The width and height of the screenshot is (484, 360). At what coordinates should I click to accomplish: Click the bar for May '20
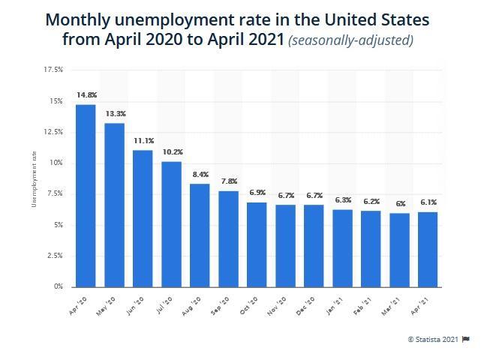click(114, 205)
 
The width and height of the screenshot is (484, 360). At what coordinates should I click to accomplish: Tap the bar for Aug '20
click(200, 235)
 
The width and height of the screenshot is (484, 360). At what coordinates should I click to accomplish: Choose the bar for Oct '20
click(257, 244)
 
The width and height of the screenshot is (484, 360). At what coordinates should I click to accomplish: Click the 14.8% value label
click(86, 95)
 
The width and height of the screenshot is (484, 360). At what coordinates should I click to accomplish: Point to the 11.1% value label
click(143, 141)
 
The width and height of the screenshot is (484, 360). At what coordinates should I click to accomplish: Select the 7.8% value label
click(229, 181)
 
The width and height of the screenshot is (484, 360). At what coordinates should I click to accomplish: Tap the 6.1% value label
click(428, 202)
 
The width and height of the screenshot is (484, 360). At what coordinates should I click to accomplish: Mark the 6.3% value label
click(343, 200)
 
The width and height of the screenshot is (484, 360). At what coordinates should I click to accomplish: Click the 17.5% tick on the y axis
click(53, 70)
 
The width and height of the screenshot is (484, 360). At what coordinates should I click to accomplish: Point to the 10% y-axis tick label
click(56, 163)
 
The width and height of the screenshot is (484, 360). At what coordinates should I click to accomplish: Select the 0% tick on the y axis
click(58, 286)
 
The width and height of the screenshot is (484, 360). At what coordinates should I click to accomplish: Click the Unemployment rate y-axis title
click(34, 178)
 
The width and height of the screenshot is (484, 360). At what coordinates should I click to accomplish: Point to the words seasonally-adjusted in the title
click(350, 40)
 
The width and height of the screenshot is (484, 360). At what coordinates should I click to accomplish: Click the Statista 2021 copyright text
click(433, 340)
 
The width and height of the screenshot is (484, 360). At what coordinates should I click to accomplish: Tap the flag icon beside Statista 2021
click(466, 340)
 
